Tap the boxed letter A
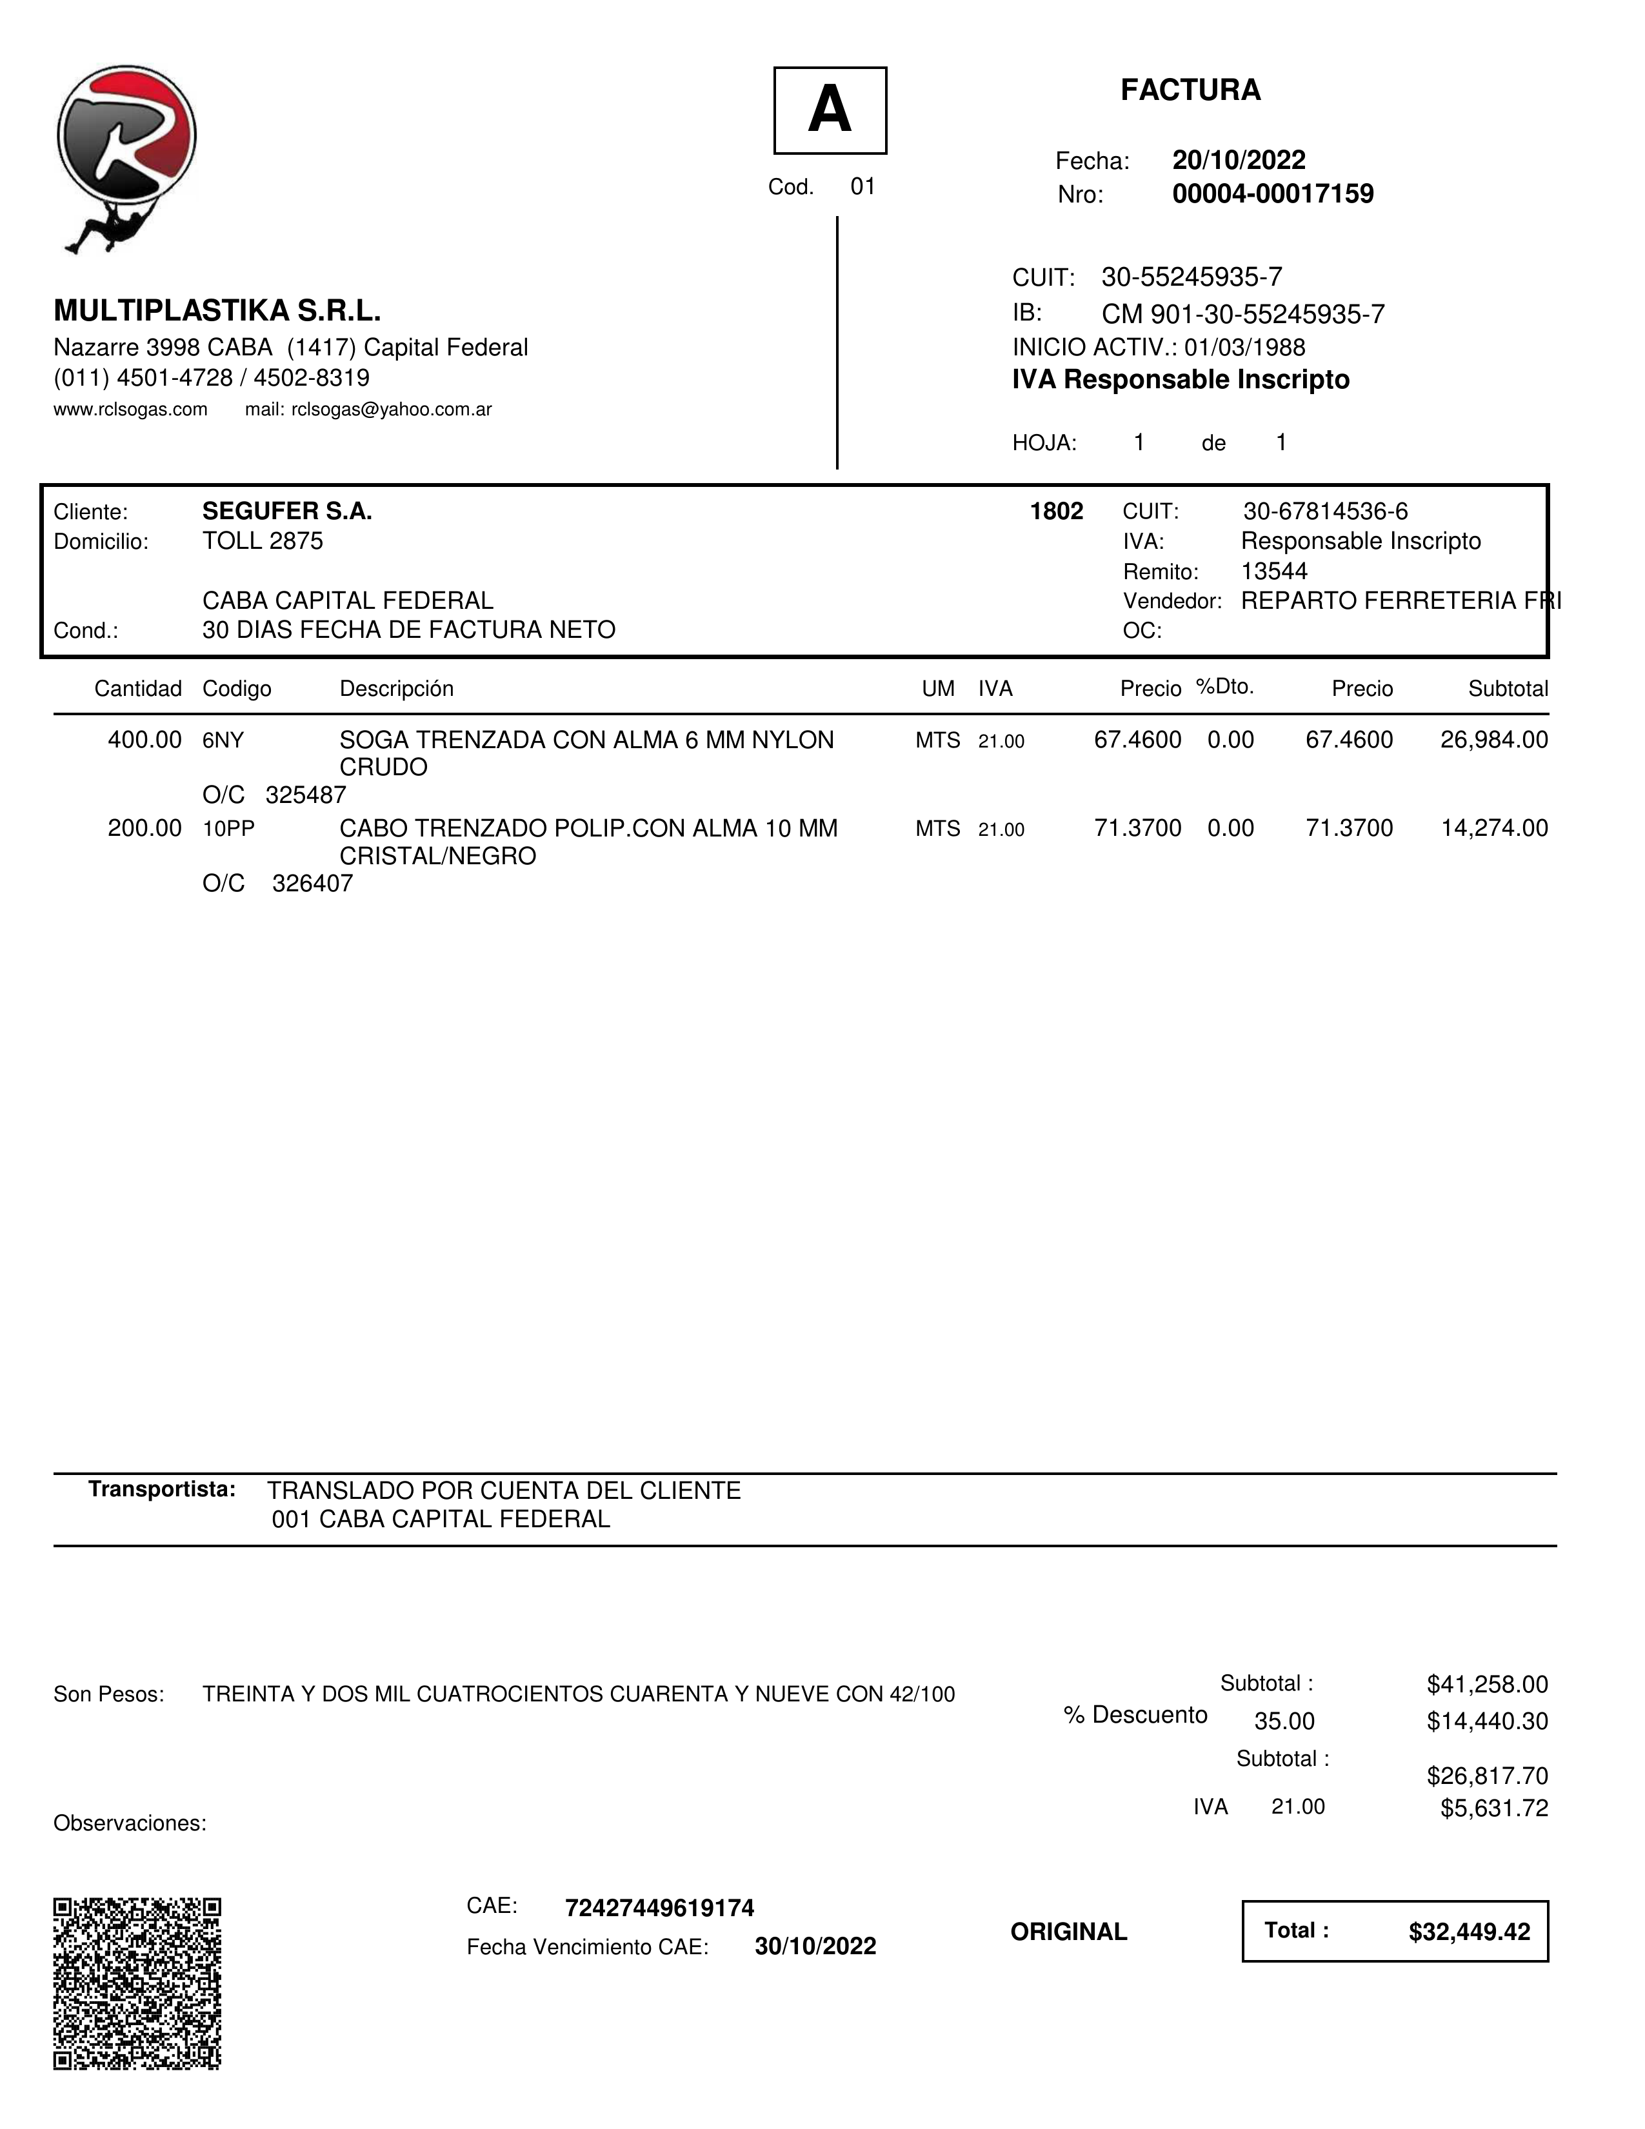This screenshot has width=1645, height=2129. click(x=830, y=110)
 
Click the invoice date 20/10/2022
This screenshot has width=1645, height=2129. click(x=1239, y=160)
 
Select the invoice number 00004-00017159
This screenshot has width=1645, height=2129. click(x=1273, y=194)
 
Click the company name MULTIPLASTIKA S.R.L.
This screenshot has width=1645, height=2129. click(x=217, y=311)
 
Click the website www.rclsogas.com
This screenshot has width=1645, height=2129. click(x=131, y=410)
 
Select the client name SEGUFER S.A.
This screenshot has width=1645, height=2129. click(x=286, y=511)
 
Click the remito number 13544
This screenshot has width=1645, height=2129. click(x=1273, y=571)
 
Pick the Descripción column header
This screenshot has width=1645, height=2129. click(x=396, y=689)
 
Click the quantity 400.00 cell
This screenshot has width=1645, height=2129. click(x=145, y=740)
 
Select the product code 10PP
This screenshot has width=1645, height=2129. click(x=228, y=829)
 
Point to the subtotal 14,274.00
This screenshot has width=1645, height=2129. click(x=1494, y=829)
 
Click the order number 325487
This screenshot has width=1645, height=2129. click(x=305, y=795)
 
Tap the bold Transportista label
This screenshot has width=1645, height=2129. click(x=162, y=1489)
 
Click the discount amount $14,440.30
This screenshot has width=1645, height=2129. click(x=1487, y=1721)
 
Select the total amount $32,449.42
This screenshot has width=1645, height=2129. click(x=1468, y=1932)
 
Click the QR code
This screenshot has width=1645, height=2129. click(x=137, y=1984)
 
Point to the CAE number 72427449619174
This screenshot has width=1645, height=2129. click(x=659, y=1908)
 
